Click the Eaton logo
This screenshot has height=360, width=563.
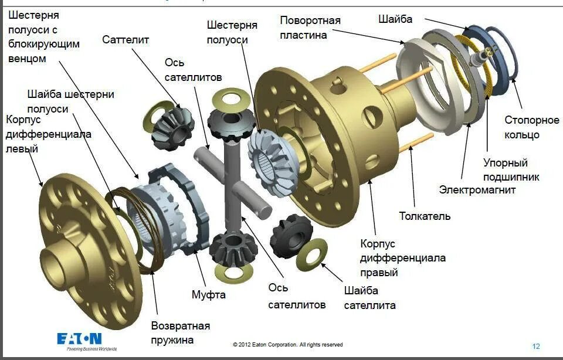pyautogui.click(x=79, y=339)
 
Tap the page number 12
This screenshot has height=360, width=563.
pyautogui.click(x=536, y=345)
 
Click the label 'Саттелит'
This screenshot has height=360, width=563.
pyautogui.click(x=126, y=39)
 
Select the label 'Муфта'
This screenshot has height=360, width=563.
pyautogui.click(x=208, y=294)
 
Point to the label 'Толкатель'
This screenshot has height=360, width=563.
pyautogui.click(x=425, y=216)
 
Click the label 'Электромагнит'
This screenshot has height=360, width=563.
pyautogui.click(x=477, y=189)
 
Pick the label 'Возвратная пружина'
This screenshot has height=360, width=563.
pyautogui.click(x=180, y=332)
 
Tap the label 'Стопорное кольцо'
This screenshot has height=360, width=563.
pyautogui.click(x=532, y=127)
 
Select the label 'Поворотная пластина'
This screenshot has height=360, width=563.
pyautogui.click(x=310, y=28)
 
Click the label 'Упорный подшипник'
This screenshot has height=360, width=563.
pyautogui.click(x=511, y=169)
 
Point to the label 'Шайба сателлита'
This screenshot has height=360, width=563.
pyautogui.click(x=369, y=298)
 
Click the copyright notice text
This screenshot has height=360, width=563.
pyautogui.click(x=287, y=345)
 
